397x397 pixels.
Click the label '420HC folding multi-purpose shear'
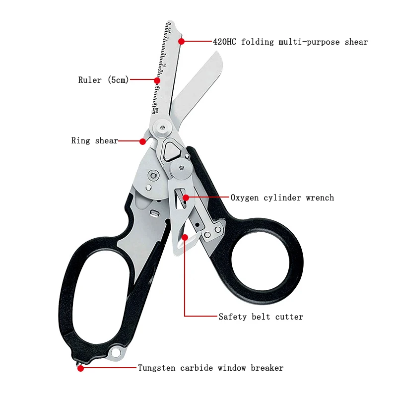coord(290,42)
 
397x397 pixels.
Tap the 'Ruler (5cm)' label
coord(103,80)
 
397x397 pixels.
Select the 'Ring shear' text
coord(95,141)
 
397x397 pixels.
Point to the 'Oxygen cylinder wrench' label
coord(282,198)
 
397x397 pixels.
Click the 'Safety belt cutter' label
coord(261,316)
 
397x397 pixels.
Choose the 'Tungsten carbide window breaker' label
coord(210,368)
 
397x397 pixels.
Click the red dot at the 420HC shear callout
coord(182,41)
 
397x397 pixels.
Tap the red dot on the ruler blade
coord(157,80)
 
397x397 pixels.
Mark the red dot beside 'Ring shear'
coord(142,141)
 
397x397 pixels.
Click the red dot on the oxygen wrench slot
coord(186,198)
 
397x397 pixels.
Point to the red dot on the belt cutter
coord(185,237)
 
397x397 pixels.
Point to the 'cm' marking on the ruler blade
coord(154,110)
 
